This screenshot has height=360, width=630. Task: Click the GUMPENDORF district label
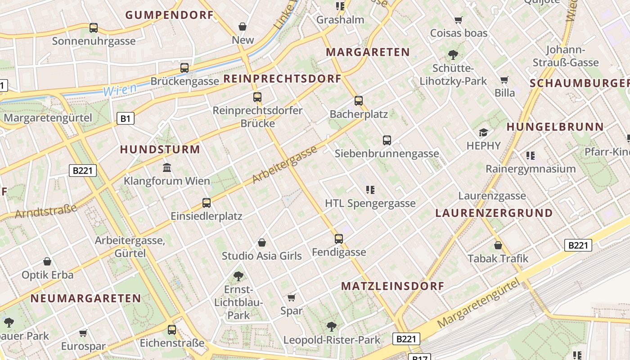coord(169,15)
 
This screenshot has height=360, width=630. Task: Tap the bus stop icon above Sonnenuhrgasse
coord(94,28)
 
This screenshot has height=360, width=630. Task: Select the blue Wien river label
coord(120,90)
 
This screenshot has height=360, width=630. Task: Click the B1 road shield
coord(126,119)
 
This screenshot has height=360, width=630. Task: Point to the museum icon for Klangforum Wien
coord(167,168)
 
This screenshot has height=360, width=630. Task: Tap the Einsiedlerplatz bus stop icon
coord(207,203)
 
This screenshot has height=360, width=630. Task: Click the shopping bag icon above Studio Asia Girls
coord(262,243)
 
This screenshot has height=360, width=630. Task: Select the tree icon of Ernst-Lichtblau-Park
coord(238,276)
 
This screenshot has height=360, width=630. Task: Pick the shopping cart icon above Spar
coord(291,297)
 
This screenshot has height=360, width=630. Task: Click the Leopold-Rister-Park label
coord(332,340)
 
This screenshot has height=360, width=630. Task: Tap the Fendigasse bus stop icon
coord(339,239)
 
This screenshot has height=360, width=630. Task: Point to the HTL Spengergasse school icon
coord(370,190)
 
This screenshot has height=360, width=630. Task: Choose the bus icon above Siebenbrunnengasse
coord(387,140)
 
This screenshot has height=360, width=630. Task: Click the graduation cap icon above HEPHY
coord(484,132)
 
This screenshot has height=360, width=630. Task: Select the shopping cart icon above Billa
coord(504,80)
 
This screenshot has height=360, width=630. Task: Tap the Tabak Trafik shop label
coord(498,259)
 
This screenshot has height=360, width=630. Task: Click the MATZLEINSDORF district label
coord(392,286)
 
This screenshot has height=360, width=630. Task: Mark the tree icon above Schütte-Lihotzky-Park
coord(453,55)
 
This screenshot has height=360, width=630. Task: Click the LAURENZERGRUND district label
coord(494,213)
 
